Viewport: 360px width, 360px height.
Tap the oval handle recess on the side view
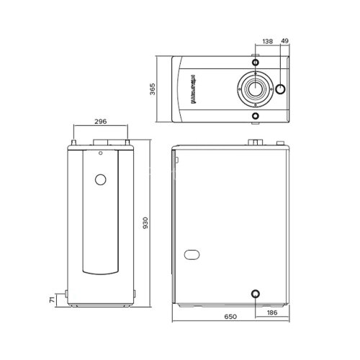coord(193,254)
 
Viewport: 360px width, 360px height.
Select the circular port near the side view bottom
coord(255,294)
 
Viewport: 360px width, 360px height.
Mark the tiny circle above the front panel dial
coord(102,152)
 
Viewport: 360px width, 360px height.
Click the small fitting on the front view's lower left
coord(66,294)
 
